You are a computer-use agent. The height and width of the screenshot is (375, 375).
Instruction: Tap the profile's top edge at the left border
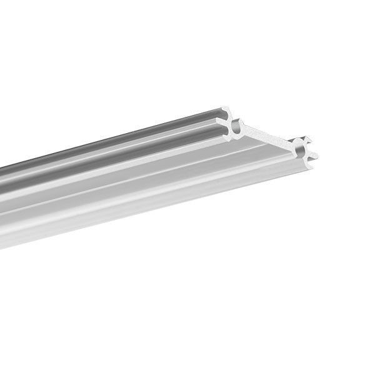(x=1, y=168)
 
